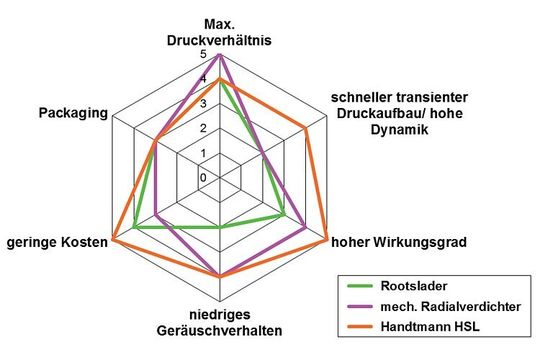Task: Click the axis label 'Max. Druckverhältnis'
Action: [219, 32]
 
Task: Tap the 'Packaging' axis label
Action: [74, 112]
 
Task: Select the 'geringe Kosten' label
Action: [55, 241]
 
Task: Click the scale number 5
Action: [203, 55]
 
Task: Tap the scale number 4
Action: [203, 80]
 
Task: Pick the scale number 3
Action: [203, 104]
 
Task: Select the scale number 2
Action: [203, 128]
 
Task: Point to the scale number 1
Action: [203, 153]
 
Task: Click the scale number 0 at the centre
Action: [203, 177]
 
